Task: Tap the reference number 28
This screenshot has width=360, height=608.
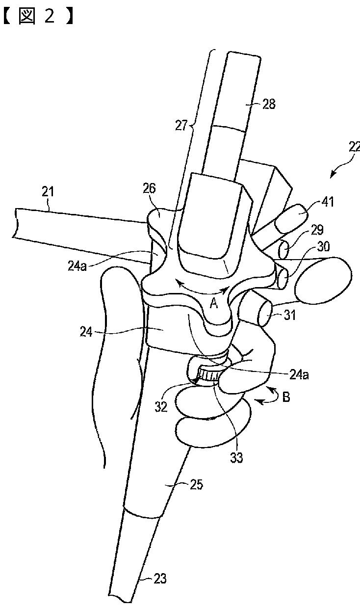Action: tap(269, 104)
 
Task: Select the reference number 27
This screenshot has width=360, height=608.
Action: tap(181, 126)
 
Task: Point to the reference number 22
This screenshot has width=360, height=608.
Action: tap(354, 147)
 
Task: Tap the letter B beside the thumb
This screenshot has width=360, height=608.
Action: tap(286, 397)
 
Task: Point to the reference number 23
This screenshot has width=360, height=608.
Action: tap(160, 579)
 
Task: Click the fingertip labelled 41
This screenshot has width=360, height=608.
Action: tap(291, 217)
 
